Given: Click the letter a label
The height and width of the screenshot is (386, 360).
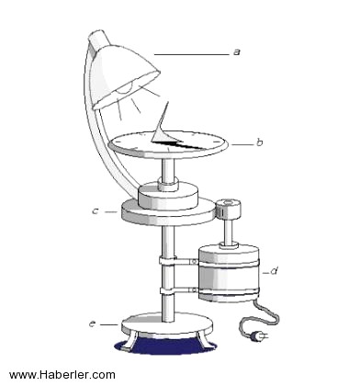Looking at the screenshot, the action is [236, 52].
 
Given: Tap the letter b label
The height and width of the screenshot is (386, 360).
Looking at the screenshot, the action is [260, 142].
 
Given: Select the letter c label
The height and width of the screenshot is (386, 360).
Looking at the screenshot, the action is [96, 211].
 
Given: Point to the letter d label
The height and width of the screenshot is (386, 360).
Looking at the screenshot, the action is [275, 271].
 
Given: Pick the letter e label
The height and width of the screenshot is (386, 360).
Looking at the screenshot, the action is [93, 324].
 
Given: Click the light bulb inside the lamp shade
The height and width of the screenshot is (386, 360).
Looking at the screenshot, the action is [126, 88].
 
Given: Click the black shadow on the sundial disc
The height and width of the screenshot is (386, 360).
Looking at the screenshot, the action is [177, 144].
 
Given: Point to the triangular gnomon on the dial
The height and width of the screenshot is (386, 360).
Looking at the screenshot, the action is [162, 126].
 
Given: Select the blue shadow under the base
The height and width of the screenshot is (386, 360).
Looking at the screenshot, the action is [165, 346].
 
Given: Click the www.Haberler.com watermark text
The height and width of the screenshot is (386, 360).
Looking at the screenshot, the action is [62, 375].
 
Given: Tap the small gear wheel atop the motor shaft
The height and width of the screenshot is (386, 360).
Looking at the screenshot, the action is [228, 208].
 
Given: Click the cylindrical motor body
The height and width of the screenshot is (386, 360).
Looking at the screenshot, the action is [229, 273].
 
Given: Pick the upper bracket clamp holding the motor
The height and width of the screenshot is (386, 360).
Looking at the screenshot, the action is [178, 261].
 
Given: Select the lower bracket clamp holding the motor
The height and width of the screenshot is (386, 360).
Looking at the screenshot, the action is [178, 289].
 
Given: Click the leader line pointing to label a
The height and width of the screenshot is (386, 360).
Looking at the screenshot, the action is [192, 54].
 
